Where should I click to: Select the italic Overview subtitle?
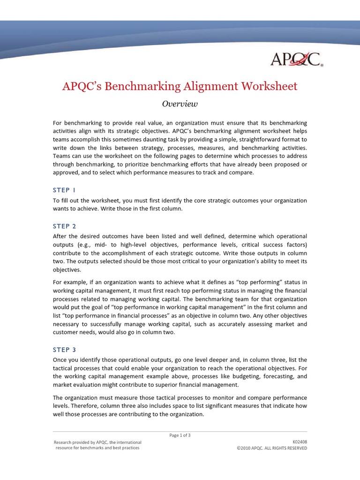(x=180, y=104)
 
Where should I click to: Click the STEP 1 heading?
(x=64, y=190)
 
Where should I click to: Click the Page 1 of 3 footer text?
(x=180, y=435)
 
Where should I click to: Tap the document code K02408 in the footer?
(x=300, y=442)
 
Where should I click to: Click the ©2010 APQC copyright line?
(x=272, y=448)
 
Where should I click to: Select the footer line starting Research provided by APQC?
(x=97, y=442)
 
